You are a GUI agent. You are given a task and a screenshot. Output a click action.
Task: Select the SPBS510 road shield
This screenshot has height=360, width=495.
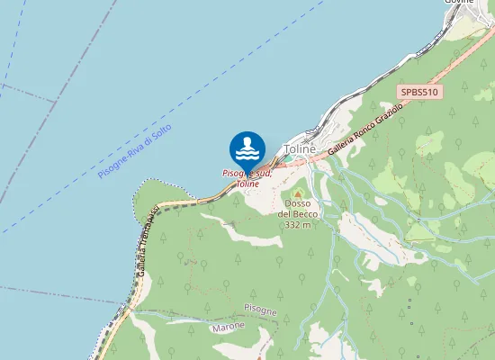pos(420,92)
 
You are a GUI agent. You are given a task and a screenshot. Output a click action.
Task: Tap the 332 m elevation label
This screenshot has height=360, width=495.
pos(298,225)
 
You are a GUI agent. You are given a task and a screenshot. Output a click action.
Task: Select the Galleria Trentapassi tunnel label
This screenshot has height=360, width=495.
pos(148,239)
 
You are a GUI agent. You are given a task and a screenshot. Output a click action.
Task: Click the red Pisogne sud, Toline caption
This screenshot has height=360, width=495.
pos(247,177)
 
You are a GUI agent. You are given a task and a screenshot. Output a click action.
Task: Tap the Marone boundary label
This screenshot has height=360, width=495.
pos(228,328)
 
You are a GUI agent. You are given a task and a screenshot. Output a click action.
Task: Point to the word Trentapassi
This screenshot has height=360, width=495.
pos(150,226)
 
